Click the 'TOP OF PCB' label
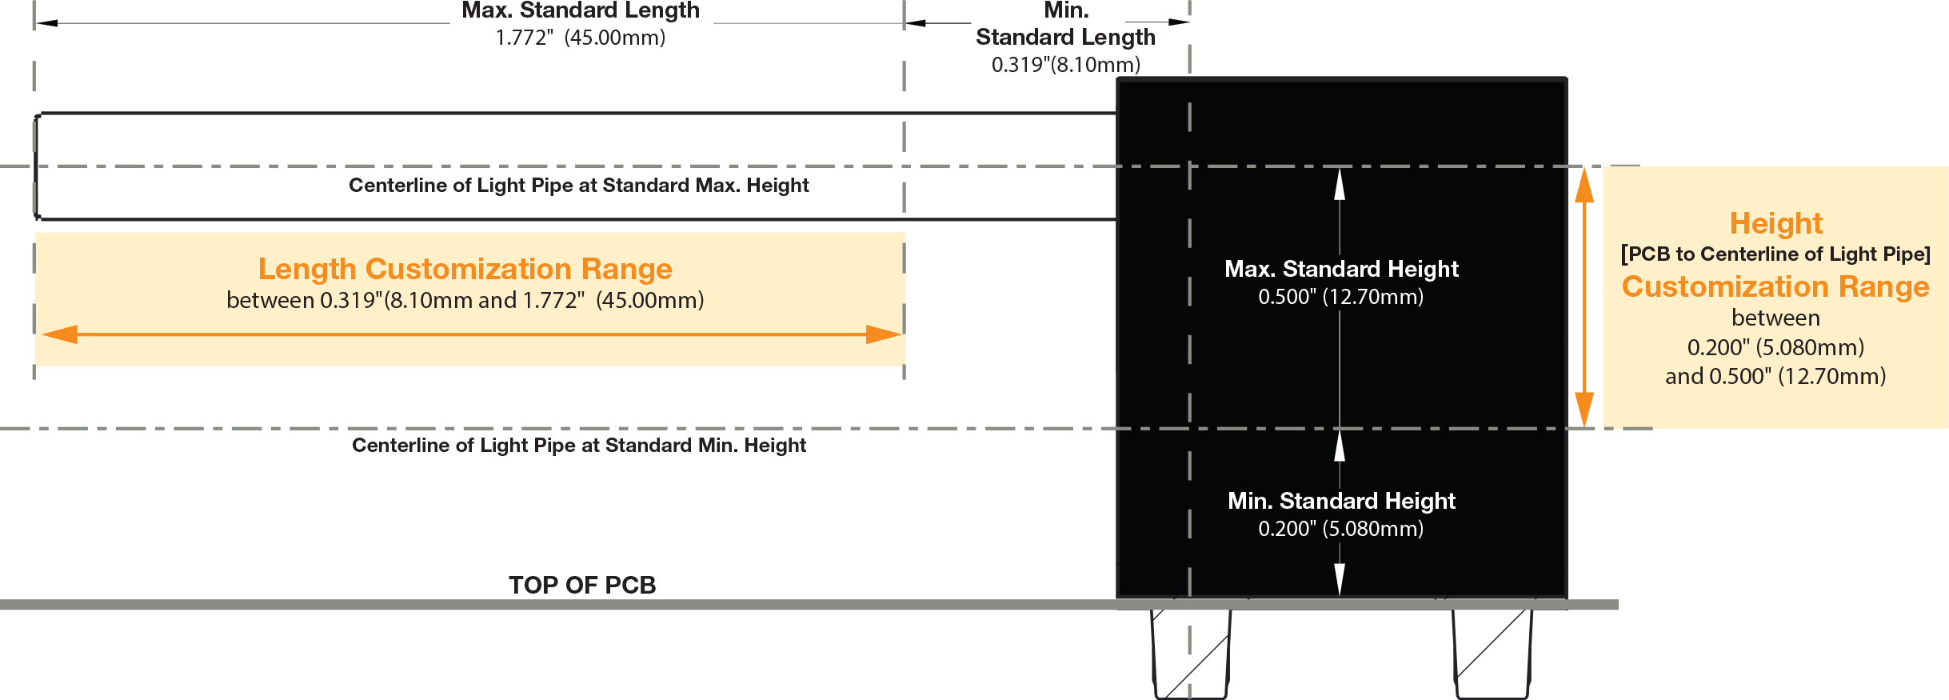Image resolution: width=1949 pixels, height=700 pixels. (582, 585)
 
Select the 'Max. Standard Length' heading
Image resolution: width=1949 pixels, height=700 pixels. (581, 10)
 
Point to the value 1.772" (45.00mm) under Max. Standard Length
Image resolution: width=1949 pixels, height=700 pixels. (581, 38)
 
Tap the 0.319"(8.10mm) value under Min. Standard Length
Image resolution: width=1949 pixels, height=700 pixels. (1066, 65)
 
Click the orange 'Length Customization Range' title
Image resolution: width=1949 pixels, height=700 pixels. (465, 269)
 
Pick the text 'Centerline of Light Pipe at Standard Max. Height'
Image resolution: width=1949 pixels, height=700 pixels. (578, 186)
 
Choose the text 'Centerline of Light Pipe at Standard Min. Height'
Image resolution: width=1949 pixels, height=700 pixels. (578, 446)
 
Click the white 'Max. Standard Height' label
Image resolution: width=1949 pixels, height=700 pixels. (1341, 269)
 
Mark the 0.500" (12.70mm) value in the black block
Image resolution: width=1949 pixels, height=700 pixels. (1340, 297)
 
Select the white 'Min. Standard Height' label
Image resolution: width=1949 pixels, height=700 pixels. (1341, 501)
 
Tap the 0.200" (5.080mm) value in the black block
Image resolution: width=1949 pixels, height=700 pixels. (1340, 529)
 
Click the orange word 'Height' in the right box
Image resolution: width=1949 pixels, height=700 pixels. (1775, 223)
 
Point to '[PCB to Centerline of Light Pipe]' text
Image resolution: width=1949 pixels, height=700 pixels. (1775, 254)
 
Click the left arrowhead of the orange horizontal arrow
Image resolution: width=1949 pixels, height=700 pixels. (59, 334)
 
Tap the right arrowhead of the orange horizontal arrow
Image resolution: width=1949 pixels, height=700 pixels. (885, 334)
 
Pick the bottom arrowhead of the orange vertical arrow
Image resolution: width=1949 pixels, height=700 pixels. (1584, 409)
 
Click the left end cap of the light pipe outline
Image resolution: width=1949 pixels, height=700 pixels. (37, 166)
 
